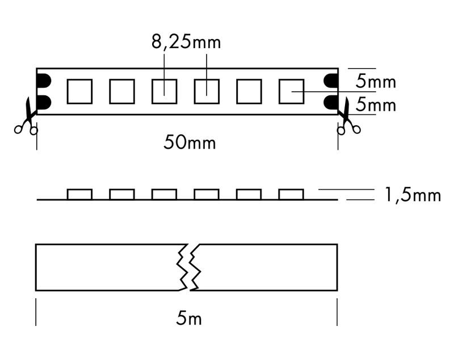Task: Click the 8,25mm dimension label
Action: pos(186,43)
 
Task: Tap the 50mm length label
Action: pos(190,142)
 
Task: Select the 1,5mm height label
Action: pos(413,195)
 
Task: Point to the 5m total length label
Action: pos(189,318)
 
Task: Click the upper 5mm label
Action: pos(376,81)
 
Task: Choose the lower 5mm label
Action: pos(376,104)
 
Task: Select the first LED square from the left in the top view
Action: pos(79,91)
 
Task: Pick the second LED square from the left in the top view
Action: pos(122,91)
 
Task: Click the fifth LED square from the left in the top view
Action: pos(249,91)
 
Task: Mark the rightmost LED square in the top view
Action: pos(291,91)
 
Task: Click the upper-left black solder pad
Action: pos(44,81)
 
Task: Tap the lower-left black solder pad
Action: pos(44,102)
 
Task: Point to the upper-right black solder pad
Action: pos(331,81)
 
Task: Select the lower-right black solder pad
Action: pos(331,102)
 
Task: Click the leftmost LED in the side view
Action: pos(79,194)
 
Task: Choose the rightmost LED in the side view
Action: pos(291,194)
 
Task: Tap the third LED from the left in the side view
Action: pos(164,194)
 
